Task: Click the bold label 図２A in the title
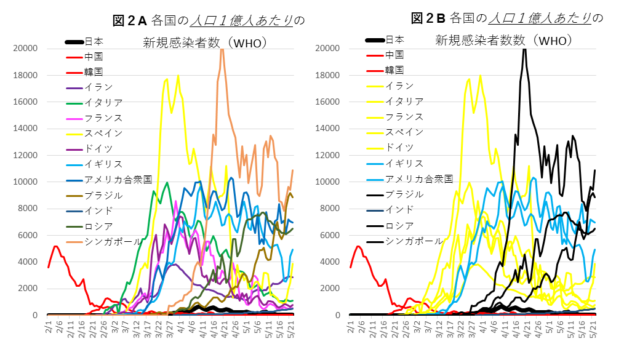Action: pyautogui.click(x=129, y=21)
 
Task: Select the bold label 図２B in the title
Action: pyautogui.click(x=431, y=18)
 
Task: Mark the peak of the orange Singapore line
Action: pyautogui.click(x=222, y=49)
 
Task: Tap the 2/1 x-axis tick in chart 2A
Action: pyautogui.click(x=49, y=327)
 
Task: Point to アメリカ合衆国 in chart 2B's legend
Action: pyautogui.click(x=419, y=179)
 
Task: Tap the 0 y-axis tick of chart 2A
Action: pyautogui.click(x=36, y=315)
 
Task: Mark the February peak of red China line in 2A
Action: pyautogui.click(x=55, y=246)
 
